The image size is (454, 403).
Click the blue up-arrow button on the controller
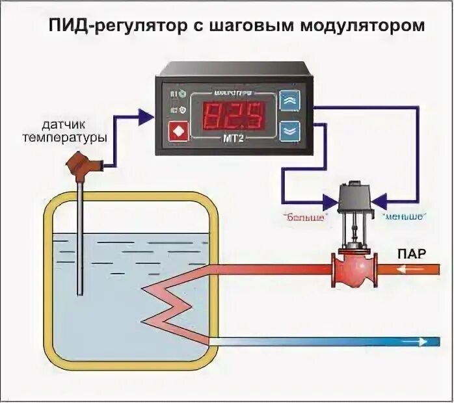point(289,100)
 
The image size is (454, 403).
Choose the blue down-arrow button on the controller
point(289,130)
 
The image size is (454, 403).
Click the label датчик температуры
point(64,129)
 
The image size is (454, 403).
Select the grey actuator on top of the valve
point(354,194)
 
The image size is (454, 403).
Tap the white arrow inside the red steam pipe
point(412,268)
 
